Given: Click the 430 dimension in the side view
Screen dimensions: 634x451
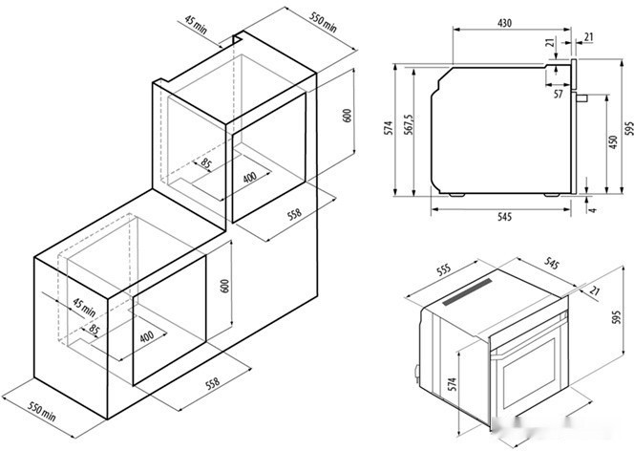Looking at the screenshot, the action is (x=504, y=23).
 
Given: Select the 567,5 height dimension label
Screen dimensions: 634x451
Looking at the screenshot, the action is (x=409, y=124).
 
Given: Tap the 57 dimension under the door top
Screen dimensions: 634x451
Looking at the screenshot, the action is (x=558, y=94).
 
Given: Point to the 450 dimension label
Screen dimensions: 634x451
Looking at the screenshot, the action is (x=613, y=142).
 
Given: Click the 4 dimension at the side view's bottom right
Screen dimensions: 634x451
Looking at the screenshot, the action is (x=593, y=210).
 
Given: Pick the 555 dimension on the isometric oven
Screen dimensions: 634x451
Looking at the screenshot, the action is (x=444, y=270).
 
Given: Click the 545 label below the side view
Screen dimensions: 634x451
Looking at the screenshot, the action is (x=504, y=217).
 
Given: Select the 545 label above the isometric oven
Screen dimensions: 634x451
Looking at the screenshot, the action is (x=552, y=264).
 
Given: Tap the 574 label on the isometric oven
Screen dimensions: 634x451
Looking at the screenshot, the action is (x=453, y=384).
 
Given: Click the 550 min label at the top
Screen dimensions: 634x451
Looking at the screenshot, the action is (x=323, y=22).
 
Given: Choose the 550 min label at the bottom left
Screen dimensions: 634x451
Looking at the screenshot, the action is (x=42, y=411).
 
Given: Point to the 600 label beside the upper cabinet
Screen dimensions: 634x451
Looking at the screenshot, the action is (x=347, y=116).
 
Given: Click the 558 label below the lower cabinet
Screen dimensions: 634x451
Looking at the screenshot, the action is (x=213, y=383).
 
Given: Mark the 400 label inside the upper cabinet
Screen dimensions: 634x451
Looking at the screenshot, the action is (x=249, y=177).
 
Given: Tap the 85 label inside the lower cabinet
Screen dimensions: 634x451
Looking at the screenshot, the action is (x=94, y=330).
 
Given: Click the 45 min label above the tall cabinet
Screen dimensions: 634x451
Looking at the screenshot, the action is (x=196, y=24).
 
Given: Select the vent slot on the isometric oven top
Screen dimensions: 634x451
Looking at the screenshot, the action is (x=468, y=291).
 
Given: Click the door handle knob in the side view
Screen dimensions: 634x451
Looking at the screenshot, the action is (x=581, y=97).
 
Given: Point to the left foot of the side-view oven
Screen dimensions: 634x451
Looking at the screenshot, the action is (x=456, y=195).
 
